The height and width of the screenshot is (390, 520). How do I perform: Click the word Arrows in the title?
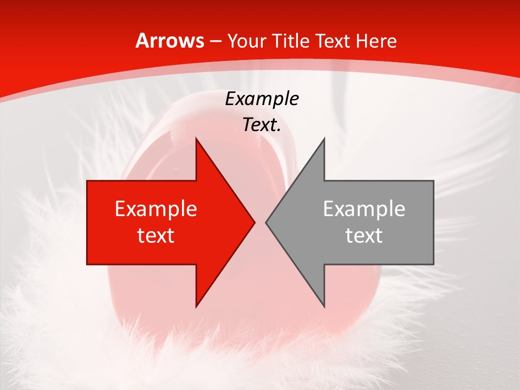[x=170, y=41]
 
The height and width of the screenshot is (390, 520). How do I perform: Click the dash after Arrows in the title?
[x=215, y=42]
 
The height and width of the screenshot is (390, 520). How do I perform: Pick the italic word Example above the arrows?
[x=262, y=99]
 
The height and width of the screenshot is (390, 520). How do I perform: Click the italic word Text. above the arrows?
[x=262, y=125]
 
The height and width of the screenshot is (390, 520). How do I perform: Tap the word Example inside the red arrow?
[x=156, y=209]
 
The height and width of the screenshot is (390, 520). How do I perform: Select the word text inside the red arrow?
[x=156, y=235]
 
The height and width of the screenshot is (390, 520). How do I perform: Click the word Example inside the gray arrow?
[x=364, y=209]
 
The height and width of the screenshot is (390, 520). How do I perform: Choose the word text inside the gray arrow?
[x=364, y=235]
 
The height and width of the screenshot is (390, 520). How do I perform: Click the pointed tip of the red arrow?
[x=255, y=222]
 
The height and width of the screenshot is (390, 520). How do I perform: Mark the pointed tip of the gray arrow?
[x=265, y=222]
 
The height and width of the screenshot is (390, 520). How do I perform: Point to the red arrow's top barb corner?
[x=196, y=138]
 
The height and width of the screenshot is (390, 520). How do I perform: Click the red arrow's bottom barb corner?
[x=196, y=307]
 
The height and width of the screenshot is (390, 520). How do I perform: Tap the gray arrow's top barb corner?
[x=324, y=138]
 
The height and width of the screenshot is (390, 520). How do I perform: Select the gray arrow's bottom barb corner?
[x=324, y=307]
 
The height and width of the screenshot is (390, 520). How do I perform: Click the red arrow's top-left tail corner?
[x=87, y=180]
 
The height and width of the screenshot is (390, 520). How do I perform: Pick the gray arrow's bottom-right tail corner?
[x=433, y=264]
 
